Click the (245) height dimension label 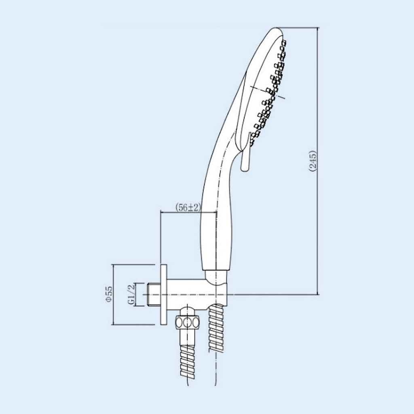tap(313, 161)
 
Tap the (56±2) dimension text tap(188, 207)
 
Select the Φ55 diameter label tap(109, 294)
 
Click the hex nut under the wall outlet tap(187, 322)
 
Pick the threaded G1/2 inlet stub tap(154, 294)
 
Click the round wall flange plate tap(163, 294)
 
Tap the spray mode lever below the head tap(245, 153)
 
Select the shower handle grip tap(217, 211)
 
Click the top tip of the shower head tap(276, 27)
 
